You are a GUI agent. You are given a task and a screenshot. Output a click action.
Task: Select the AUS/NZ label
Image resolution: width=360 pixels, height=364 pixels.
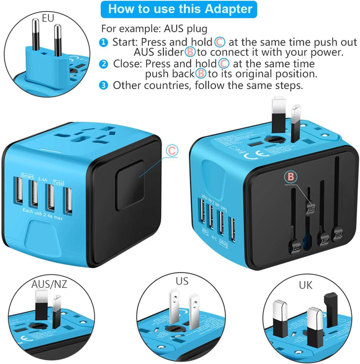[49, 284]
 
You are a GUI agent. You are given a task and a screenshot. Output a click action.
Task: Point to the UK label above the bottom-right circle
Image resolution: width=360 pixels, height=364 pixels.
[306, 285]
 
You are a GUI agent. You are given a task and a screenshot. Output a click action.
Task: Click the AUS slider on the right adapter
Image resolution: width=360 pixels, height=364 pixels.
[311, 210]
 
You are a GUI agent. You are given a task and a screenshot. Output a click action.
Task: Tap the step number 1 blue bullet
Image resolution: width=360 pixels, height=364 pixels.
[103, 43]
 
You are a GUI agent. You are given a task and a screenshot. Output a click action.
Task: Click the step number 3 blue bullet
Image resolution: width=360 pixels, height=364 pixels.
[103, 86]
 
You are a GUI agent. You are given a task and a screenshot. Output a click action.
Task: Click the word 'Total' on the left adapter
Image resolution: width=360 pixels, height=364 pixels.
[58, 182]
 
